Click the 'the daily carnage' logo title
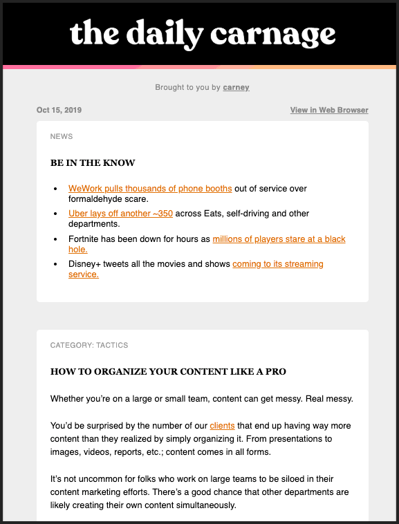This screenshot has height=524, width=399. [202, 34]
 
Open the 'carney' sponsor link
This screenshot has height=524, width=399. [236, 88]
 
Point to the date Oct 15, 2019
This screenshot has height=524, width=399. [59, 110]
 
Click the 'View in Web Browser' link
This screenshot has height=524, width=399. [329, 110]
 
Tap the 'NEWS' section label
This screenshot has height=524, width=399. [62, 137]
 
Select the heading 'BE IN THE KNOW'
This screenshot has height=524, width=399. [93, 163]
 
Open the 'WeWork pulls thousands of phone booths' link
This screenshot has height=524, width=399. [150, 189]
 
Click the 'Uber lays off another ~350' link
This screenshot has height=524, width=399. [120, 214]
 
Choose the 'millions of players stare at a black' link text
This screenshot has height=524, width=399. [279, 239]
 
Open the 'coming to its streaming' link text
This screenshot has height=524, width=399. [278, 264]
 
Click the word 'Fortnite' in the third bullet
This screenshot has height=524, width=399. [84, 239]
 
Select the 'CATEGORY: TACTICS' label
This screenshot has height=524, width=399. [89, 345]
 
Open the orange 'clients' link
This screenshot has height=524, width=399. [222, 426]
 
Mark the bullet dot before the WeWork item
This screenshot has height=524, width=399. [56, 189]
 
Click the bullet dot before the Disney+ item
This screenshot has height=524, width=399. [56, 264]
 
